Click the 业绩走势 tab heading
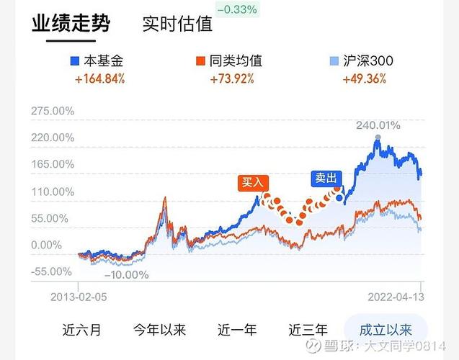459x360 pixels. (71, 24)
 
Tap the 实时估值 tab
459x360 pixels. (177, 24)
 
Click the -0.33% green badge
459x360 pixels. (237, 9)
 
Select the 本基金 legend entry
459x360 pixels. (98, 60)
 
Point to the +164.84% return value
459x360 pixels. (99, 78)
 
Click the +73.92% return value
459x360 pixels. (231, 78)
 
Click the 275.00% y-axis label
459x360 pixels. (52, 112)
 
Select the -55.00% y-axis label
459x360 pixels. (52, 271)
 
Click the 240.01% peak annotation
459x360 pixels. (378, 126)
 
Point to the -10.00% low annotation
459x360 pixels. (126, 274)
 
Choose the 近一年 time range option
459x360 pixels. (237, 330)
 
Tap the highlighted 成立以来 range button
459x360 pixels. (386, 330)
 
